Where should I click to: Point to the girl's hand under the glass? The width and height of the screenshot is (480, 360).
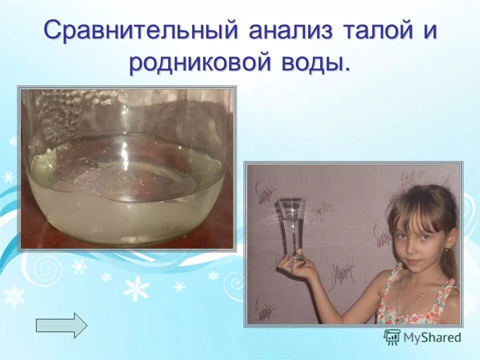295,265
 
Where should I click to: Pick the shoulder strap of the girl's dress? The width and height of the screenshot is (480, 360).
395,280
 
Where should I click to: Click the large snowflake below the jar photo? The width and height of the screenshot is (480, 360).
136,288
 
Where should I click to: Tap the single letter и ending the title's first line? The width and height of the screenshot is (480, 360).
429,31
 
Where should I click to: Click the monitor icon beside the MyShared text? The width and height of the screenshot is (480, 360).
392,337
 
